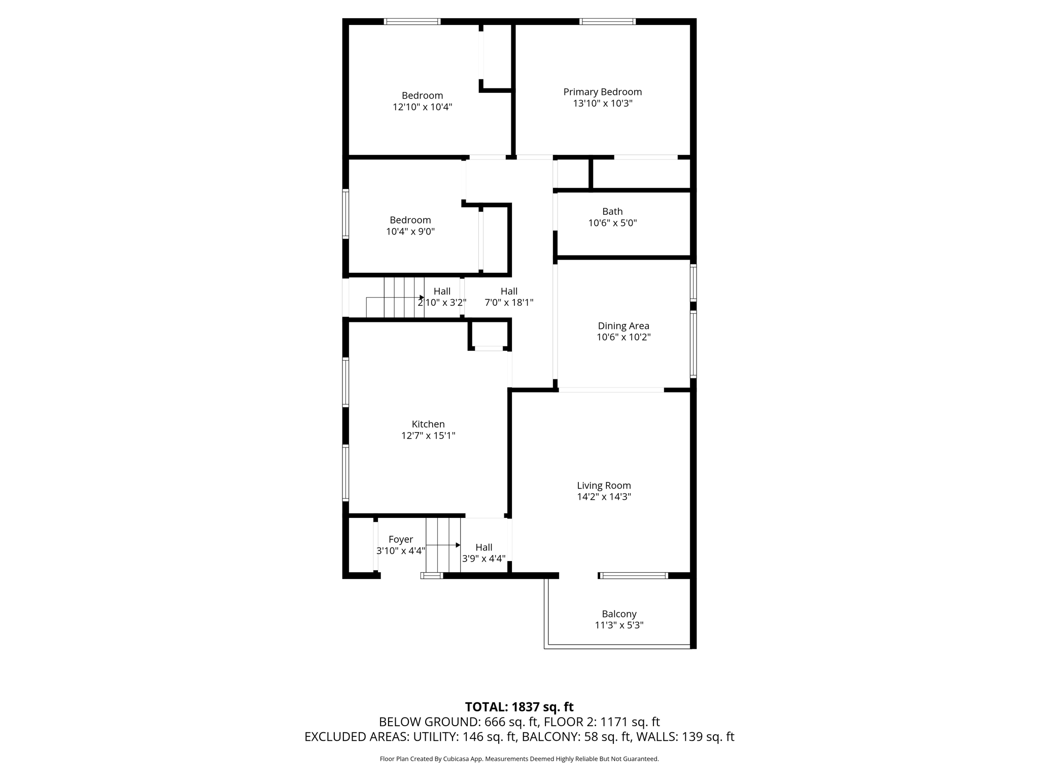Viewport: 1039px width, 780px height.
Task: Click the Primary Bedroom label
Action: [602, 92]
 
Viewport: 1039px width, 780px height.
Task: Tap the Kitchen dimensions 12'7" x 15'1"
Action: [428, 436]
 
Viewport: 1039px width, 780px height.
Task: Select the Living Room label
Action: [604, 485]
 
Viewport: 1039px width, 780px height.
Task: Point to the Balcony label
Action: [619, 614]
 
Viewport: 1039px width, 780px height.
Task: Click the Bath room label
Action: [612, 211]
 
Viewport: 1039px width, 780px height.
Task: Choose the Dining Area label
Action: [624, 326]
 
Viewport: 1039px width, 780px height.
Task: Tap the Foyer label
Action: [401, 539]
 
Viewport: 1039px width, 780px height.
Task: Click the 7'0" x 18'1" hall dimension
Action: [509, 303]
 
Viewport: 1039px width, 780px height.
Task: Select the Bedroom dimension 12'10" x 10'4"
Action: [422, 107]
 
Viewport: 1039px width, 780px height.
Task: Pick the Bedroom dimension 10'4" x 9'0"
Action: [410, 232]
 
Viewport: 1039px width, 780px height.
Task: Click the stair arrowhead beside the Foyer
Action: [458, 545]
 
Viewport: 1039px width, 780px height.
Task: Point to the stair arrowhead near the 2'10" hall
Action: [422, 298]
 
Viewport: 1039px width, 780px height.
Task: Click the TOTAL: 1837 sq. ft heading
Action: [519, 707]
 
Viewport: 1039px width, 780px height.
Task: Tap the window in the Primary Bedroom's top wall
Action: [607, 21]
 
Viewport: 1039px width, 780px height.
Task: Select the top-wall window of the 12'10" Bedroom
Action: [412, 21]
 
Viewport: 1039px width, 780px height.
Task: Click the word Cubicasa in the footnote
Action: [456, 759]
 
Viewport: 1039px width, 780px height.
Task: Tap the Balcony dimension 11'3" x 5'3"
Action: [619, 626]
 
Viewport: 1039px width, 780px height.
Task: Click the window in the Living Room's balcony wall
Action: [634, 575]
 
